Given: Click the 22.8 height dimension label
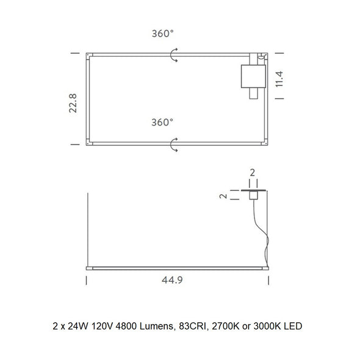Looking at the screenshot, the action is (73, 103).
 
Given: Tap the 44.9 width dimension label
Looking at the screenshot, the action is (172, 280).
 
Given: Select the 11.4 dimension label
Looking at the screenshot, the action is (279, 79).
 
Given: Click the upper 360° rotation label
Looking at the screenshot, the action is (162, 34).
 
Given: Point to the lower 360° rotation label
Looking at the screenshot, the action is (162, 123).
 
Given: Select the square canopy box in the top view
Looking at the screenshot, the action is (253, 76).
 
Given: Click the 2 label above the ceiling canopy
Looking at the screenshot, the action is (253, 173).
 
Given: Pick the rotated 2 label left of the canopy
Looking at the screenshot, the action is (223, 196).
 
